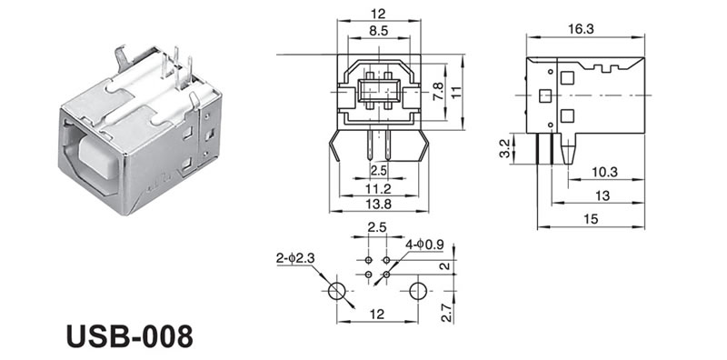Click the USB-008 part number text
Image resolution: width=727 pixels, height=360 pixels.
coord(129,335)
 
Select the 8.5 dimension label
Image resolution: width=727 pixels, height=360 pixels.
coord(379,31)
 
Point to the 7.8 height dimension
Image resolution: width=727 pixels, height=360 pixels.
coord(438,92)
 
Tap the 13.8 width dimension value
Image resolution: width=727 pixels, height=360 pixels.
coord(378,204)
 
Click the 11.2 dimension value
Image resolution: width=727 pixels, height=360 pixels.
coord(378,189)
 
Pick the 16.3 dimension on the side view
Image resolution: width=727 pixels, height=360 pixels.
coord(581,29)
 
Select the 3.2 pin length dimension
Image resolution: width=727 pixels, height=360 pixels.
coord(505,148)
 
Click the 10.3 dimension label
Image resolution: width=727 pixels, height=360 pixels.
coord(605,172)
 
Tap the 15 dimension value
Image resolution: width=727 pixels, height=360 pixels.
coord(591,219)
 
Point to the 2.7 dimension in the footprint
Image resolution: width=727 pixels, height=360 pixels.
coord(446,312)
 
